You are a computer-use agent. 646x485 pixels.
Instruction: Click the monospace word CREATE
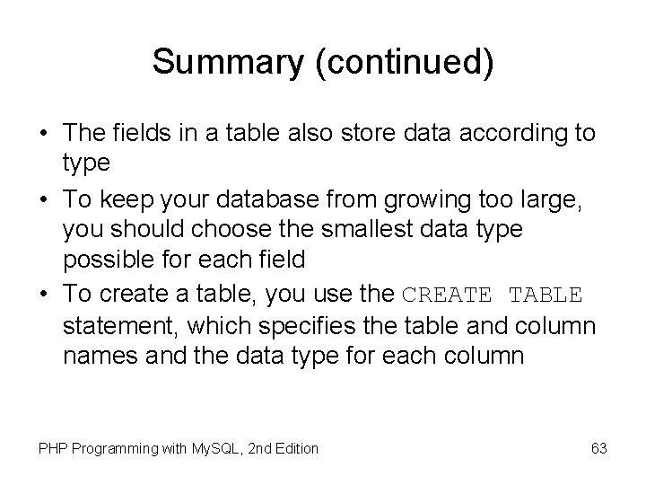click(447, 294)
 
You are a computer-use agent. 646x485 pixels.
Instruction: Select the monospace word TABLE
click(546, 294)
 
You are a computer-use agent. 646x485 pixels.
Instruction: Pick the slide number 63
click(598, 447)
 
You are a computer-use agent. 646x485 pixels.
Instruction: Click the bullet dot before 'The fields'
click(43, 135)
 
